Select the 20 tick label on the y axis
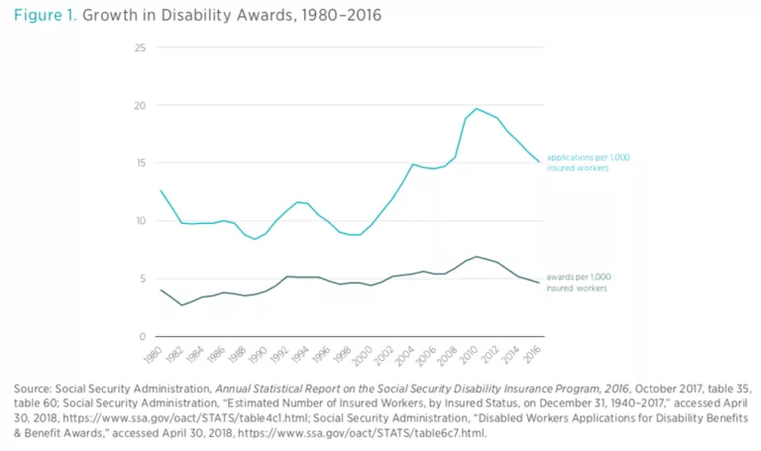click(x=140, y=106)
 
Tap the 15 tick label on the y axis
click(x=141, y=164)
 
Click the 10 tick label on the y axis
click(x=141, y=221)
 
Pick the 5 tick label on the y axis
click(x=143, y=279)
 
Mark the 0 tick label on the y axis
click(x=143, y=336)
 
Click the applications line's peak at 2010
click(x=477, y=109)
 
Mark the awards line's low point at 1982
click(x=181, y=305)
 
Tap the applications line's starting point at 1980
click(x=161, y=190)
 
